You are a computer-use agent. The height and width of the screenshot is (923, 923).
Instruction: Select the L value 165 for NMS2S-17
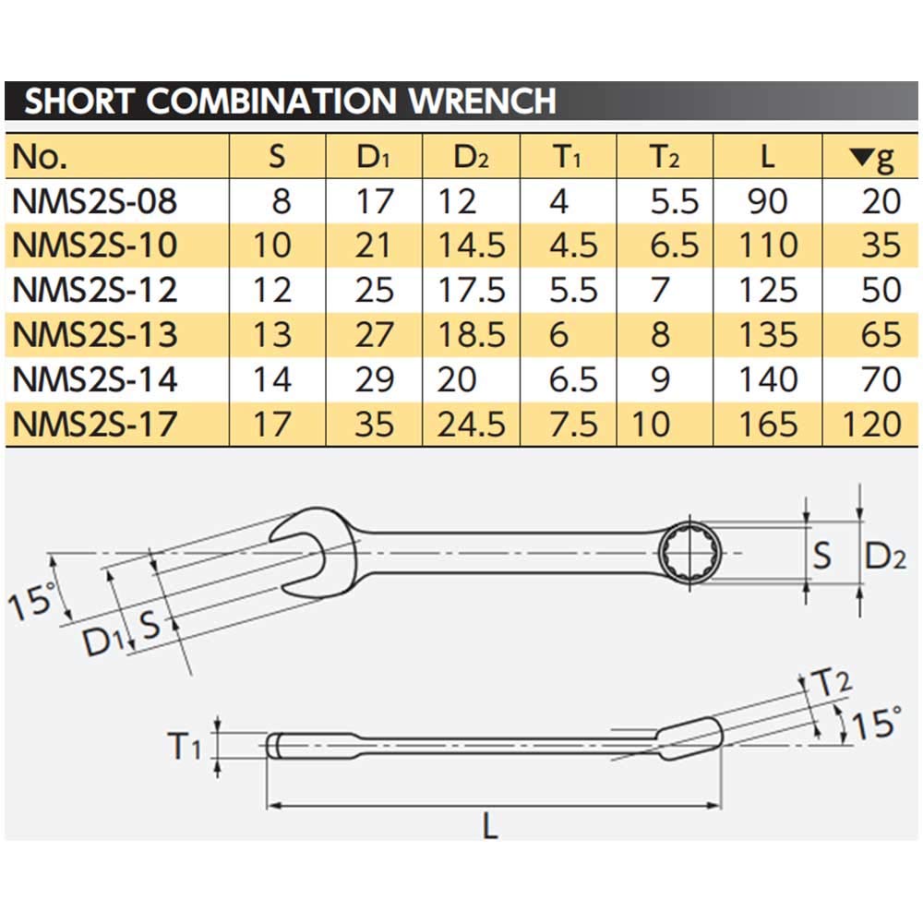coord(767,424)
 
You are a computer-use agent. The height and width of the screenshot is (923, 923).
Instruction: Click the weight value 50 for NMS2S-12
coord(879,290)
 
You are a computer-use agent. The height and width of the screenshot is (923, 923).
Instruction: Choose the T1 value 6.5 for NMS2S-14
coord(574,379)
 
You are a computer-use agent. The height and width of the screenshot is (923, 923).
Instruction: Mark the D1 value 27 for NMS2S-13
coord(375,334)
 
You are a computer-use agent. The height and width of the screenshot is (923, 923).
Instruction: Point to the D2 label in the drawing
coord(892,557)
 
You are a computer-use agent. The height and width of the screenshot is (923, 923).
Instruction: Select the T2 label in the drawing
coord(831,684)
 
